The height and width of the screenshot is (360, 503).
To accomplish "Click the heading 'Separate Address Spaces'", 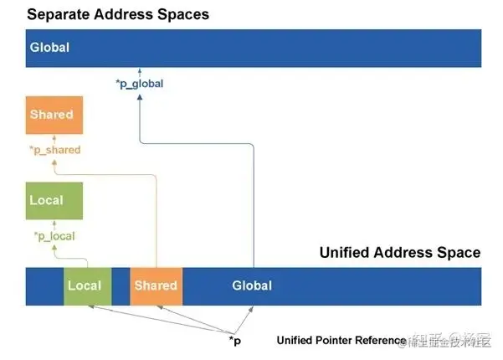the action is (x=117, y=14).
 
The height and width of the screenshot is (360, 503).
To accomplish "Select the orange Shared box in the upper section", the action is (x=52, y=115).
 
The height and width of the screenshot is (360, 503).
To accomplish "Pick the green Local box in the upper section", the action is (x=54, y=201).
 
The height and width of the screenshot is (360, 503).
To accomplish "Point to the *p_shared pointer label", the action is (x=54, y=150).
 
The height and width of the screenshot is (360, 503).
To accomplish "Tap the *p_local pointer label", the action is (x=54, y=236).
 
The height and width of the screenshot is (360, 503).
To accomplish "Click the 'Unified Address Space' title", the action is (x=399, y=253).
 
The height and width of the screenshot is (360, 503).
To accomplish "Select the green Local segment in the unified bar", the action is (x=85, y=285).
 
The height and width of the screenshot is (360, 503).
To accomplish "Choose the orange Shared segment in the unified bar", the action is (x=156, y=285).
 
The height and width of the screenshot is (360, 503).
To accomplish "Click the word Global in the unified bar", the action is (x=252, y=285).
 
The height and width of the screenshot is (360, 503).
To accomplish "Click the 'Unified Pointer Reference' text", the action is (x=341, y=340).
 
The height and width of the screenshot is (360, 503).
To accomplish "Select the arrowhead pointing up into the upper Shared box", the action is (x=52, y=137).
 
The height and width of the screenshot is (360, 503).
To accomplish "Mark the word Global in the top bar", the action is (x=49, y=48).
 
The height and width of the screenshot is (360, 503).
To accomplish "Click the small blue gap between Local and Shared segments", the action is (x=121, y=285).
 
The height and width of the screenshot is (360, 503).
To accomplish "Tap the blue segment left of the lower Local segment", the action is (x=45, y=285).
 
